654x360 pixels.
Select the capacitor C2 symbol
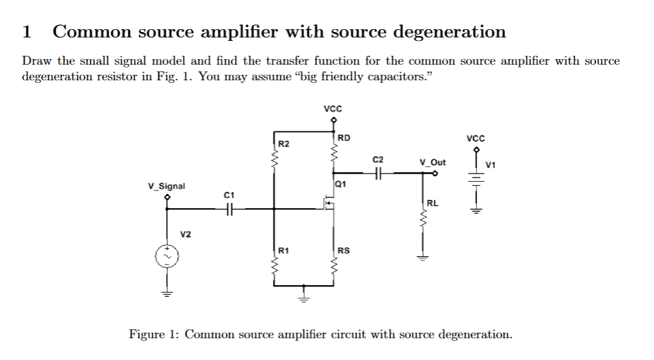(378, 174)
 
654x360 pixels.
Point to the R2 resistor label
(284, 144)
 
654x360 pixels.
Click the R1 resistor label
(284, 250)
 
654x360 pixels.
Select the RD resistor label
(344, 137)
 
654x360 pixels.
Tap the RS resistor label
(344, 250)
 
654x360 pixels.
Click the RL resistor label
(433, 203)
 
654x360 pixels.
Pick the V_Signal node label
(167, 186)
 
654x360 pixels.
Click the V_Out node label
(433, 162)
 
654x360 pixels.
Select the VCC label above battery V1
(476, 137)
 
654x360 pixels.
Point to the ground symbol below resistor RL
(422, 257)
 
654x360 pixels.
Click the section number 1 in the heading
(27, 32)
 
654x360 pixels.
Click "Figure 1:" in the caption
(154, 334)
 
